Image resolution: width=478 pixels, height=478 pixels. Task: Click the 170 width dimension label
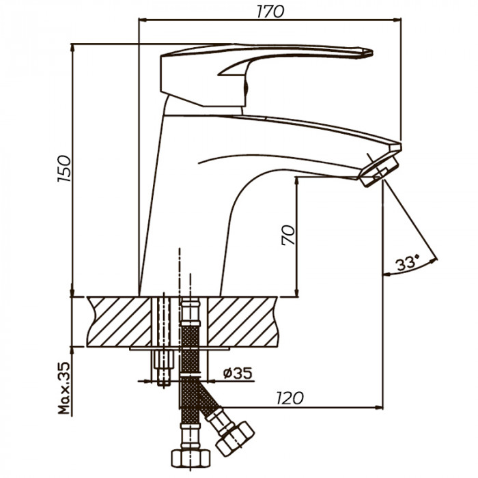tap(270, 12)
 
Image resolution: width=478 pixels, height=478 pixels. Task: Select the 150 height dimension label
tap(64, 169)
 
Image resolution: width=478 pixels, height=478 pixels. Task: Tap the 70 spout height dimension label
tap(288, 235)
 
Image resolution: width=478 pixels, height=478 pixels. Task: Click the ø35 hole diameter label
tap(238, 373)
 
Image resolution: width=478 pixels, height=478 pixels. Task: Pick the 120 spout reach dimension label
tap(290, 398)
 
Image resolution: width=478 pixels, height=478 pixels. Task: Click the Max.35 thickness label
tap(64, 388)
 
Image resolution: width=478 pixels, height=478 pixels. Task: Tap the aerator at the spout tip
tap(379, 171)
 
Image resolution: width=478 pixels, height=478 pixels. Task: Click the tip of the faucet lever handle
tap(372, 53)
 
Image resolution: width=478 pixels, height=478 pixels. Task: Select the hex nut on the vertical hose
tap(191, 458)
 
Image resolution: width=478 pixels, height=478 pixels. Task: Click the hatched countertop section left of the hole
tap(119, 322)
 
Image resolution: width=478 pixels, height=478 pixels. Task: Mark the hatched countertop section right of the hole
tap(243, 322)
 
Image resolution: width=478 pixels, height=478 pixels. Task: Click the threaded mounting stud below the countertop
tap(164, 368)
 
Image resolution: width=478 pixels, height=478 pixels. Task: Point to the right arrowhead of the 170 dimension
tap(397, 20)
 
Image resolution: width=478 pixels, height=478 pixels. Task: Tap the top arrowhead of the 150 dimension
tap(72, 48)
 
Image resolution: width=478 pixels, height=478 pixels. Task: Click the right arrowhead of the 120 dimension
tap(379, 407)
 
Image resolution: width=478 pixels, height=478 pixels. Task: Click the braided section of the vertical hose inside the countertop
tap(191, 336)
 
